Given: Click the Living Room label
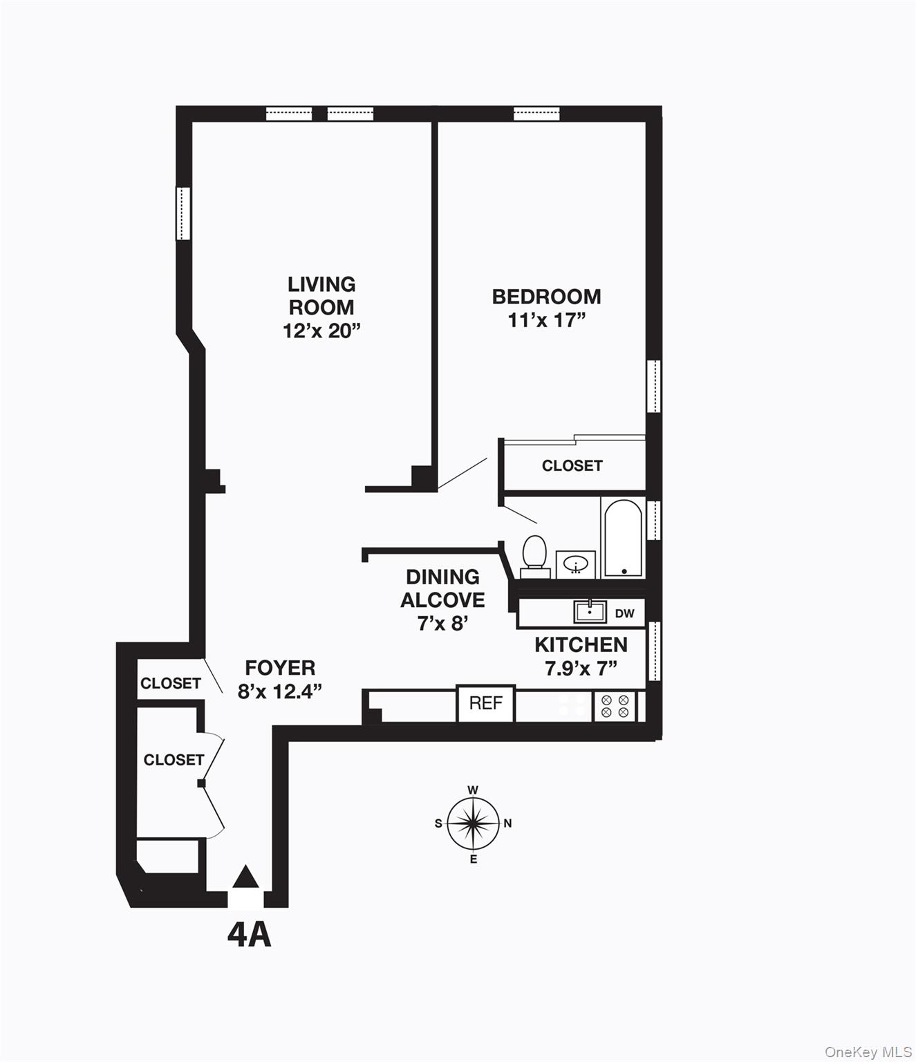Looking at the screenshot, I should pos(321,295).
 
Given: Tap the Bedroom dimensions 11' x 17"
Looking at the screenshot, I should pos(546,320).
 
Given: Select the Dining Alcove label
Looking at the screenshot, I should pos(442,588).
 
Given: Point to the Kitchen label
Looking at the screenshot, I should pos(581,644).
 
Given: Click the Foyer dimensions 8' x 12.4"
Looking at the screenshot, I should pos(280,691).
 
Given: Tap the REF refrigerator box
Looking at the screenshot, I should pos(485,703).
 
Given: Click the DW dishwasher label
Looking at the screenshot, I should pos(624,613).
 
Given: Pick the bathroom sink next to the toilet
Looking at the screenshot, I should pos(575,564).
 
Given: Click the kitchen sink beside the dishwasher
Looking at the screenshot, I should pos(589,612).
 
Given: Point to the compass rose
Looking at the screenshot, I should pos(473,823).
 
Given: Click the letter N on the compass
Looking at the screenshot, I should pos(508,823).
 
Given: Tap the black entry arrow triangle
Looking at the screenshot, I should pos(245,877).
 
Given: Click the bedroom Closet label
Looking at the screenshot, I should pos(572,465).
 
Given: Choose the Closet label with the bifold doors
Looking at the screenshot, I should pos(174,760).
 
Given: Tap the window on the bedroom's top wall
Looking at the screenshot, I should pos(536,114).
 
